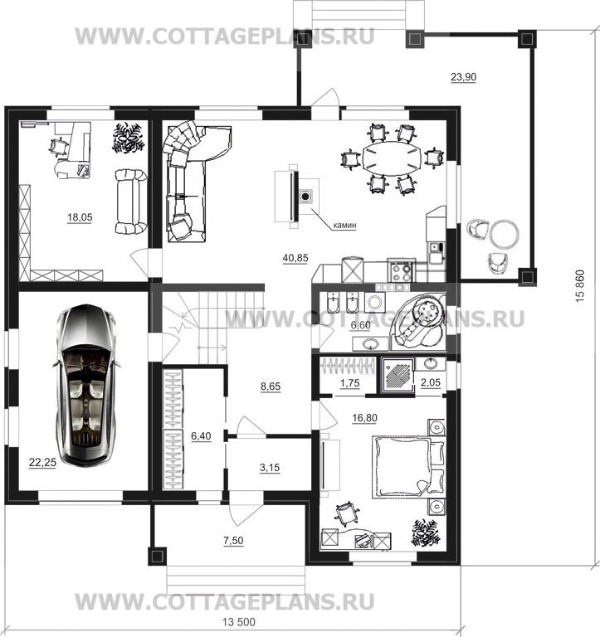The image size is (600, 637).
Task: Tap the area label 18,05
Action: tap(80, 218)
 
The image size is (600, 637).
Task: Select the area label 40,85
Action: tap(295, 258)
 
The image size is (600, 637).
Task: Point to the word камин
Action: tap(344, 225)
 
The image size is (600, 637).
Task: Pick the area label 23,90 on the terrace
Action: tap(463, 77)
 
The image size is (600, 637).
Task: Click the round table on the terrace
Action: tap(504, 234)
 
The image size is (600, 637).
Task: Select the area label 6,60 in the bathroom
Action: tap(360, 325)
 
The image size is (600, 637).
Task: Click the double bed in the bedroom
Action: tap(409, 467)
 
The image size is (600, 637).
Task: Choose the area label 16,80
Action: tap(364, 418)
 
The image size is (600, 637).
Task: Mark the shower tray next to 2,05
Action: tap(398, 375)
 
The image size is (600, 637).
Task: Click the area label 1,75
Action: tap(349, 383)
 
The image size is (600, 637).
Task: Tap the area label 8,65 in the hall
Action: tap(271, 387)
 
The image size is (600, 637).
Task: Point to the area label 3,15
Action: tap(270, 468)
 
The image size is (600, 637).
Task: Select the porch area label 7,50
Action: tap(233, 541)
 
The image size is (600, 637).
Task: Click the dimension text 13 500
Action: tap(239, 622)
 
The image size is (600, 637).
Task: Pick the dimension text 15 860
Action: tap(580, 286)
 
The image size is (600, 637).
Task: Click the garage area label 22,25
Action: tap(42, 462)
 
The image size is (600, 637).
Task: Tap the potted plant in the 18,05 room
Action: tap(128, 139)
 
